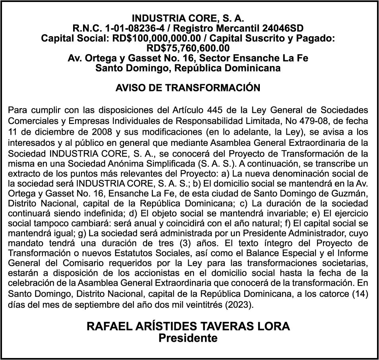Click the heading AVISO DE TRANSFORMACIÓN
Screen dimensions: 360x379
188,88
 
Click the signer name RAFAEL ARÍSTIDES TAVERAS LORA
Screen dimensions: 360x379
188,327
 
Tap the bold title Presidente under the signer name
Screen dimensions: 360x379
188,338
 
